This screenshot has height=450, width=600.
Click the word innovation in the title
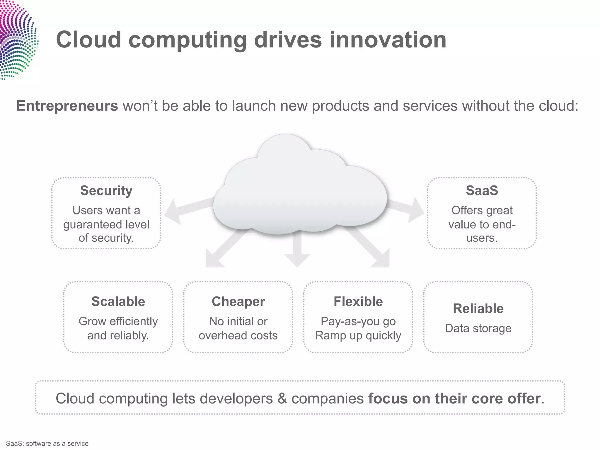pyautogui.click(x=388, y=40)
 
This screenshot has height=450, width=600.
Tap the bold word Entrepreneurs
pyautogui.click(x=67, y=106)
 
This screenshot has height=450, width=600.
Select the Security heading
pyautogui.click(x=106, y=190)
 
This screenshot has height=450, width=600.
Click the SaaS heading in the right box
pyautogui.click(x=482, y=190)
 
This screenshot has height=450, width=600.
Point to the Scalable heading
pyautogui.click(x=118, y=301)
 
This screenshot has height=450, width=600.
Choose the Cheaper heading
pyautogui.click(x=238, y=301)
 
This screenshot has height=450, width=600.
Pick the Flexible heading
pyautogui.click(x=358, y=301)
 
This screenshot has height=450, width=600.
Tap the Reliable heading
pyautogui.click(x=478, y=308)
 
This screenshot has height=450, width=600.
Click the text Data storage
pyautogui.click(x=478, y=328)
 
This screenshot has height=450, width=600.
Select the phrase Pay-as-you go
pyautogui.click(x=358, y=321)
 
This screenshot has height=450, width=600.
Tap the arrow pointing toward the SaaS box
pyautogui.click(x=410, y=209)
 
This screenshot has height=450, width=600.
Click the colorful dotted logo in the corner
pyautogui.click(x=16, y=40)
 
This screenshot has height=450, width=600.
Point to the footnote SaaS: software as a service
pyautogui.click(x=47, y=444)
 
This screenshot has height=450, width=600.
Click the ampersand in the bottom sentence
pyautogui.click(x=282, y=398)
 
